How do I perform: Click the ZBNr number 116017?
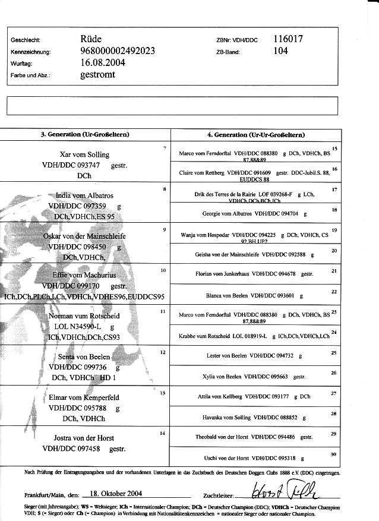[289, 39]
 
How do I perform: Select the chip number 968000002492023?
[118, 51]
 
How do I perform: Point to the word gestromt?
[97, 75]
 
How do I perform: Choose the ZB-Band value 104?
[281, 51]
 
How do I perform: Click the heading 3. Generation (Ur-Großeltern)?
[85, 135]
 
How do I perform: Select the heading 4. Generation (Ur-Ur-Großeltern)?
[255, 135]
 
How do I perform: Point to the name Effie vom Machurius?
[84, 276]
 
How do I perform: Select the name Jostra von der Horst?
[83, 439]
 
